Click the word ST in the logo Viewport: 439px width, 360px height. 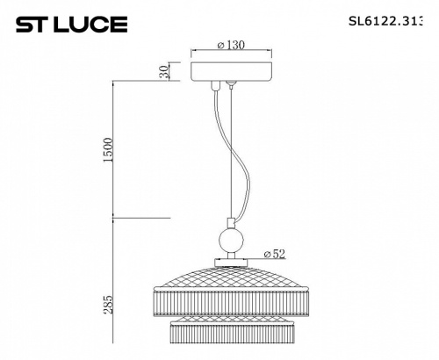(31, 24)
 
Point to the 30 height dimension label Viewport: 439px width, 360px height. (163, 73)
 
